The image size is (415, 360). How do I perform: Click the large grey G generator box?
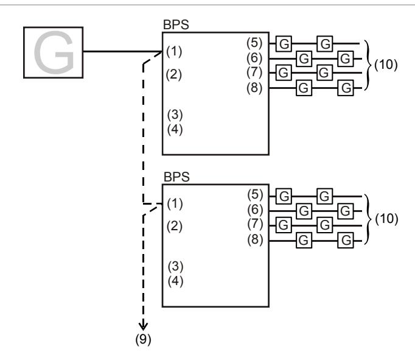point(53,52)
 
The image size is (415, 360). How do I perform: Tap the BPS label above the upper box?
point(176,25)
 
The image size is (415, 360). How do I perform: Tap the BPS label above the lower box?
point(176,177)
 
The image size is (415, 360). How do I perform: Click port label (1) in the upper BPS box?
point(174,51)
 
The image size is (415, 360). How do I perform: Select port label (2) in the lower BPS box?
point(175,227)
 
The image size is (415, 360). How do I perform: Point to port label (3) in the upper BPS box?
point(175,115)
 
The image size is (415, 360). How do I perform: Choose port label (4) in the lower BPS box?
point(175,281)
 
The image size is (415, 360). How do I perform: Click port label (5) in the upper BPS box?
point(254,43)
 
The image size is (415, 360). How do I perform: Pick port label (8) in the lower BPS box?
point(255,240)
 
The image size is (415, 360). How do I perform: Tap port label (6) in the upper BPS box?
point(254,58)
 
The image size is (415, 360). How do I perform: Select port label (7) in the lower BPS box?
point(255,224)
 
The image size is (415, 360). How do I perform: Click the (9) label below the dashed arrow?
point(143,339)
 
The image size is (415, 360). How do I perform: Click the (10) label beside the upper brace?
point(386,65)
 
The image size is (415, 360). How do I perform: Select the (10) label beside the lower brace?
point(386,219)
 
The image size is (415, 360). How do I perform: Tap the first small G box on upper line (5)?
point(284,43)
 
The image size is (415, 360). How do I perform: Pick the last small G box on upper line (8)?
point(346,88)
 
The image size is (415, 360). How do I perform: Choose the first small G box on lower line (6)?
point(304,211)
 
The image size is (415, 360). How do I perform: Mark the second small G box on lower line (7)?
point(325,225)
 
